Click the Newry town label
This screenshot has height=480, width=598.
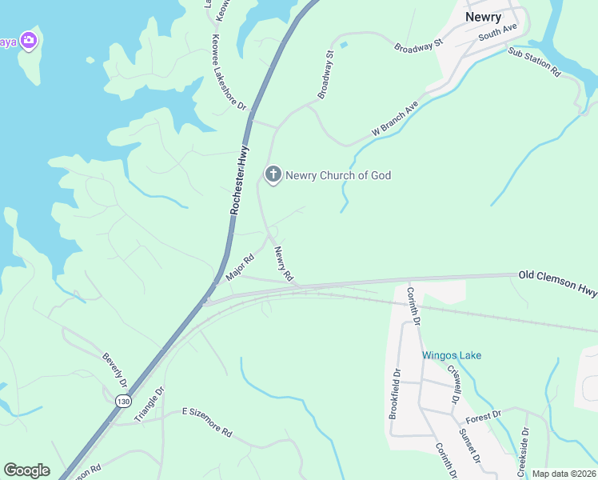coord(483,17)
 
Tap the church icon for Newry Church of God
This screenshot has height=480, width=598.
coord(273,174)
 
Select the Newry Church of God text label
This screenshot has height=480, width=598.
coord(338,175)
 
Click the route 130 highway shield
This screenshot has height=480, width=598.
coord(122,401)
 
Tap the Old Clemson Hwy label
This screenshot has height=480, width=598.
coord(557,281)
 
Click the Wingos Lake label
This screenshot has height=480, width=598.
coord(452,355)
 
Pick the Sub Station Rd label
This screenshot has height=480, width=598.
coord(534,62)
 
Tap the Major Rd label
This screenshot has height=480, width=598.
coord(240,267)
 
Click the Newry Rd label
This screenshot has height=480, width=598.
coord(284,263)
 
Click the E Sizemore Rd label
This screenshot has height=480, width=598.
coord(206,422)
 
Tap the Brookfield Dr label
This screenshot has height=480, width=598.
coord(394,393)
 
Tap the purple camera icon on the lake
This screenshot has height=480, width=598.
coord(29,40)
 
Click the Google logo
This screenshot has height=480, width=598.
coord(26,470)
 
